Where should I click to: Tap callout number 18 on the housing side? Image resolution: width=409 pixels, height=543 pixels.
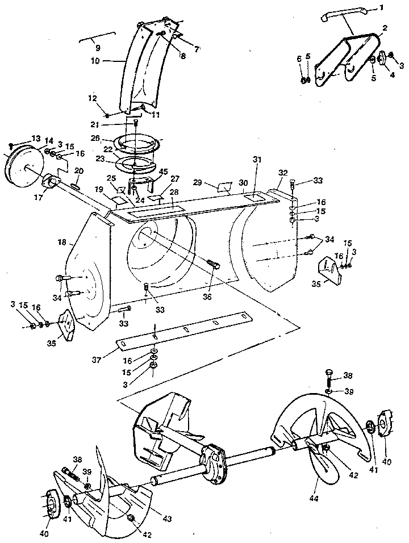(61, 242)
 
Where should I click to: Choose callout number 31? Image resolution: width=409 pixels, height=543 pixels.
(257, 161)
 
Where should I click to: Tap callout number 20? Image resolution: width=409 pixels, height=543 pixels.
(79, 170)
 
